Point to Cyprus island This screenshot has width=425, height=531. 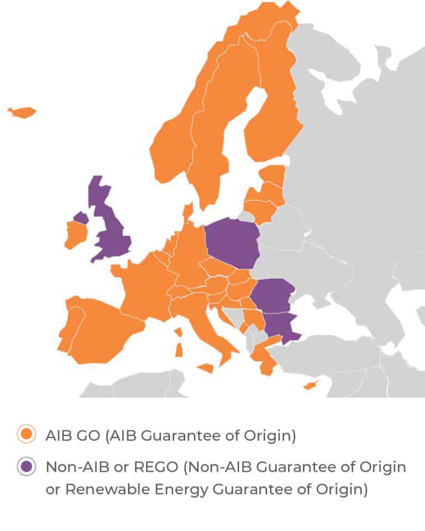pos(310,385)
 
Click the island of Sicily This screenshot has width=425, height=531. pos(205,368)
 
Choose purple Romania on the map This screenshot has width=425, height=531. pos(272,295)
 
